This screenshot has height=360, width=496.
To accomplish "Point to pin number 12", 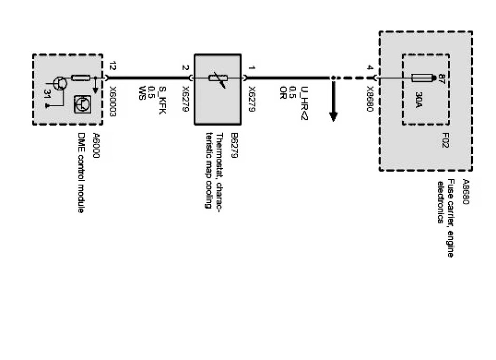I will [112, 66].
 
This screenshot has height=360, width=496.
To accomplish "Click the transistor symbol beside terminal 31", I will [60, 82].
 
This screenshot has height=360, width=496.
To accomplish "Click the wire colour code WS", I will [142, 90].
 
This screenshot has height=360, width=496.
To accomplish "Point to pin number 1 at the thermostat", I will [252, 68].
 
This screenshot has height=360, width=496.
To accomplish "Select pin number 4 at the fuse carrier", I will [371, 68].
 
